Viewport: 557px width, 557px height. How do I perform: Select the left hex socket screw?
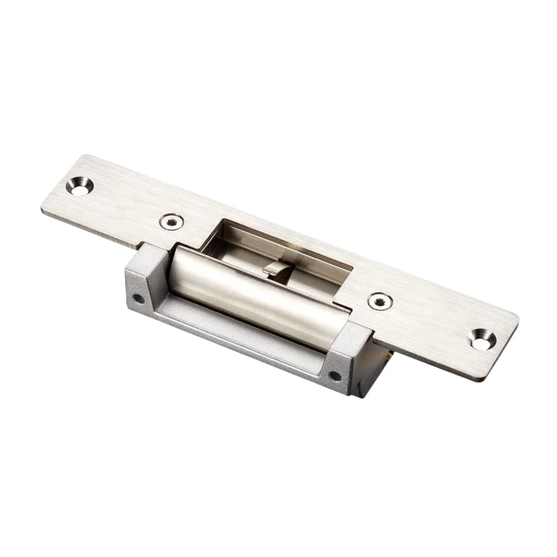(x=171, y=222)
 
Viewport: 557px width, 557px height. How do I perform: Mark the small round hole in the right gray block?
(x=335, y=375)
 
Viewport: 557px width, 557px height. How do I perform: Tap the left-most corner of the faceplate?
(x=42, y=209)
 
